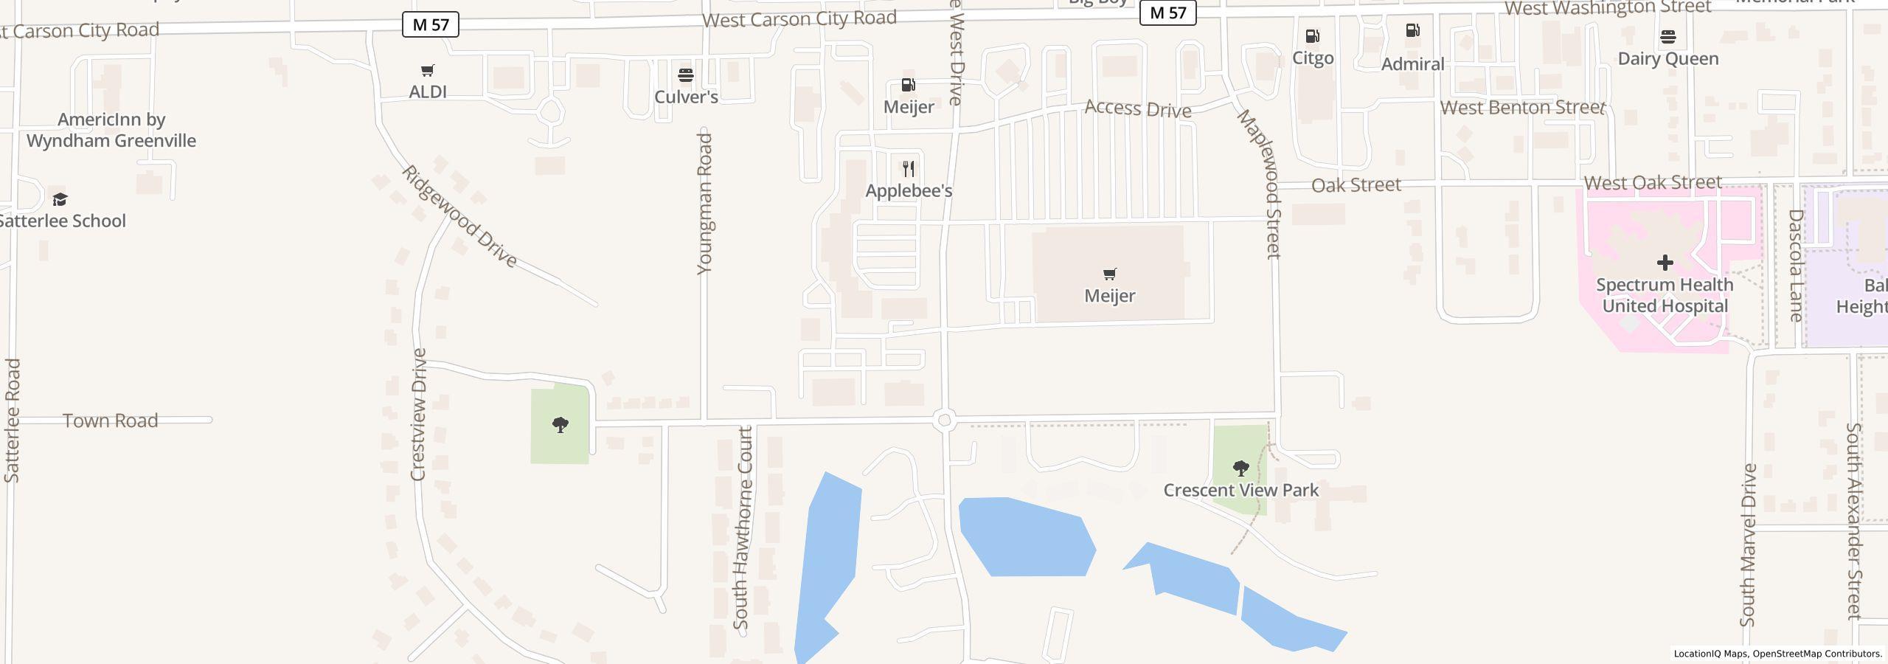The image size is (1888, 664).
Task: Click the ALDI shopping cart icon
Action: point(428,71)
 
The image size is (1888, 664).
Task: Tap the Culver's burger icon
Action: point(686,75)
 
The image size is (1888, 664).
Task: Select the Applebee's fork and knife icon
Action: point(909,169)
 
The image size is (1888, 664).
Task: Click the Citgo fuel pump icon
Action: point(1313,36)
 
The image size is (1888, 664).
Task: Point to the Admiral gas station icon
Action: point(1412,31)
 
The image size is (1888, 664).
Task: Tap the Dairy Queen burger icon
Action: point(1668,37)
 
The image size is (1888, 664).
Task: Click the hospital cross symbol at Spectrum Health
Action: point(1665,263)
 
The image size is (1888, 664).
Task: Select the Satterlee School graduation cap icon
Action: point(60,199)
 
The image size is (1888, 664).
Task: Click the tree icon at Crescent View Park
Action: point(1241,468)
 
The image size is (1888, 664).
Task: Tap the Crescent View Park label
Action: point(1241,491)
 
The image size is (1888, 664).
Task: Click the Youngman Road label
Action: point(705,204)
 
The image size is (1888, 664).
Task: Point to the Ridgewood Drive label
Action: point(459,216)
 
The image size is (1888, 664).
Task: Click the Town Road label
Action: point(111,421)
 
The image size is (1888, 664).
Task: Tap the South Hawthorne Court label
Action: point(743,528)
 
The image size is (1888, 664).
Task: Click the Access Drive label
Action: point(1138,109)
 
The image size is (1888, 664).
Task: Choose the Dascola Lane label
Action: point(1796,266)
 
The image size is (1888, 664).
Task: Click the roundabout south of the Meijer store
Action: point(945,421)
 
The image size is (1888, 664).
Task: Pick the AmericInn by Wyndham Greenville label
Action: point(111,131)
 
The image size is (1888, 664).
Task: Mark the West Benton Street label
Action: point(1522,108)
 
